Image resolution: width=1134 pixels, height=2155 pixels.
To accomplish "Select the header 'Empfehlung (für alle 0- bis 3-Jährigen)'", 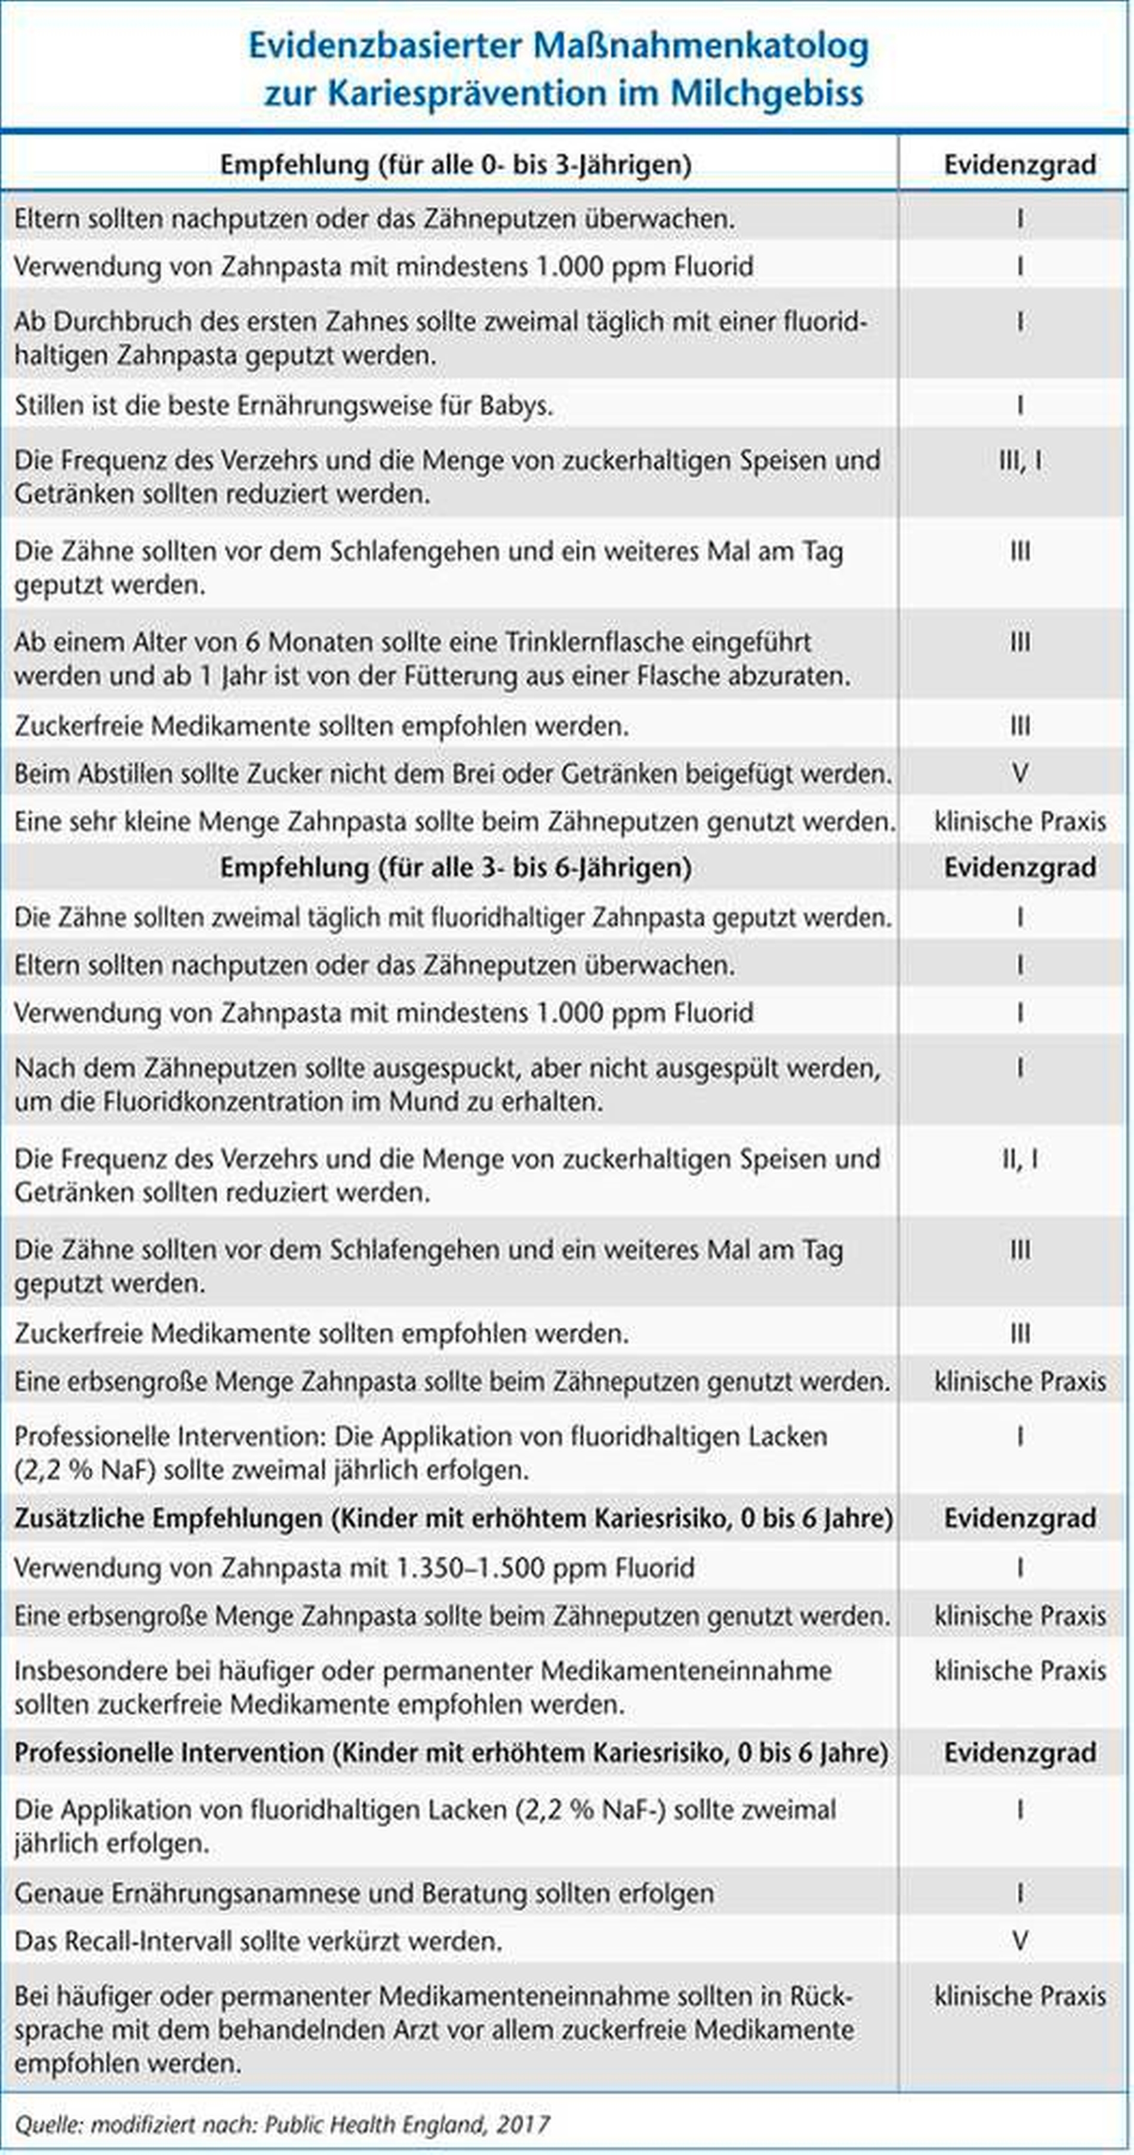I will click(x=455, y=165).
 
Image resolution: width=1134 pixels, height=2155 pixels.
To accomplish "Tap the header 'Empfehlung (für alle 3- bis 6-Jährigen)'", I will click(x=455, y=867).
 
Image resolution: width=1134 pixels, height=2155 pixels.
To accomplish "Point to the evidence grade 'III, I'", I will click(x=1019, y=460).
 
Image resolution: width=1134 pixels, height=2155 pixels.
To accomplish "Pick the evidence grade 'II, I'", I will click(x=1019, y=1159).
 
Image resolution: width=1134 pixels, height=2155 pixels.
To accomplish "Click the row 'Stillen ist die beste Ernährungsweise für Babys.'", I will click(x=283, y=406).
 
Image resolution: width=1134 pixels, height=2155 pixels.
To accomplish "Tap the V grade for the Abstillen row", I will click(x=1019, y=773).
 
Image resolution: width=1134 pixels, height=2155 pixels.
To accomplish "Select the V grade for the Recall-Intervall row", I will click(x=1019, y=1940).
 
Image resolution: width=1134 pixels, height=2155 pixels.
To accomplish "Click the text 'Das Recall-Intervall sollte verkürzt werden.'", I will click(x=258, y=1941).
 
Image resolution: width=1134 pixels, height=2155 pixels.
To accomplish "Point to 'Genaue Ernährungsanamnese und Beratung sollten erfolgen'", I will click(x=364, y=1893).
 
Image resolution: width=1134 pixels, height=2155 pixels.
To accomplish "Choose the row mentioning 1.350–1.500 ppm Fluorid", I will click(x=354, y=1567).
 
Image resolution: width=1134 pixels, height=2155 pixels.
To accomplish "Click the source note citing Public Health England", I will click(x=282, y=2123).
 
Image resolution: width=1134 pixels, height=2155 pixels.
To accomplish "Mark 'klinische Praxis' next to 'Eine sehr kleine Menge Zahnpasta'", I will click(x=1019, y=822).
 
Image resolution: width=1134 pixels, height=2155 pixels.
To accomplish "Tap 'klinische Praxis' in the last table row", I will click(x=1019, y=1996).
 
